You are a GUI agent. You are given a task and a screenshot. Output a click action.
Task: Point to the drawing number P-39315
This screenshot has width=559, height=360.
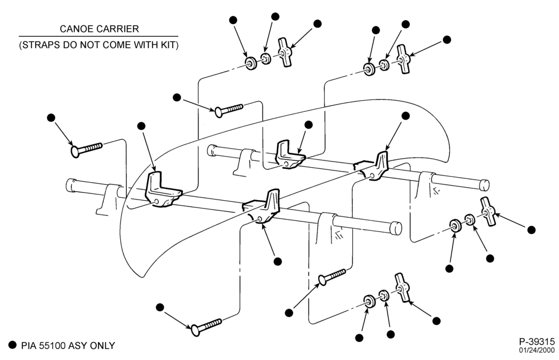pos(537,341)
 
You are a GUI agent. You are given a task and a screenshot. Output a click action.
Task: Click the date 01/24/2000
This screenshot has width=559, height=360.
pos(537,350)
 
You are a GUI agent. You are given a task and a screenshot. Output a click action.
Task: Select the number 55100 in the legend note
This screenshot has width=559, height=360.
pos(53,345)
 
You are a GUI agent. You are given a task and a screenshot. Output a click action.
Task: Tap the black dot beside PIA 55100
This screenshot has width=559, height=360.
pos(13,345)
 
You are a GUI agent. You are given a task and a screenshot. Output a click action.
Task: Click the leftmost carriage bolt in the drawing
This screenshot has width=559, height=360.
pos(87,149)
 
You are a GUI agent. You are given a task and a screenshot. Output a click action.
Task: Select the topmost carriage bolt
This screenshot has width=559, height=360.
pos(229,110)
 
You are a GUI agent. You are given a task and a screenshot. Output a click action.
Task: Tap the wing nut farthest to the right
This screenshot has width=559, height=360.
pos(488,211)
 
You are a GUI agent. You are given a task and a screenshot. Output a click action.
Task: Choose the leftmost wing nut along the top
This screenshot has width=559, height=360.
pos(285,53)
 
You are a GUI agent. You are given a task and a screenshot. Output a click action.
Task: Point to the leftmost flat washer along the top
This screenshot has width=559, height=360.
pos(251,63)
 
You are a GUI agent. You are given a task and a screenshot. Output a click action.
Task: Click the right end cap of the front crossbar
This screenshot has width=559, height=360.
pos(396,228)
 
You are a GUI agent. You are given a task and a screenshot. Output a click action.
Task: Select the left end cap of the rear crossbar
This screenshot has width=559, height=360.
pos(211,150)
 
